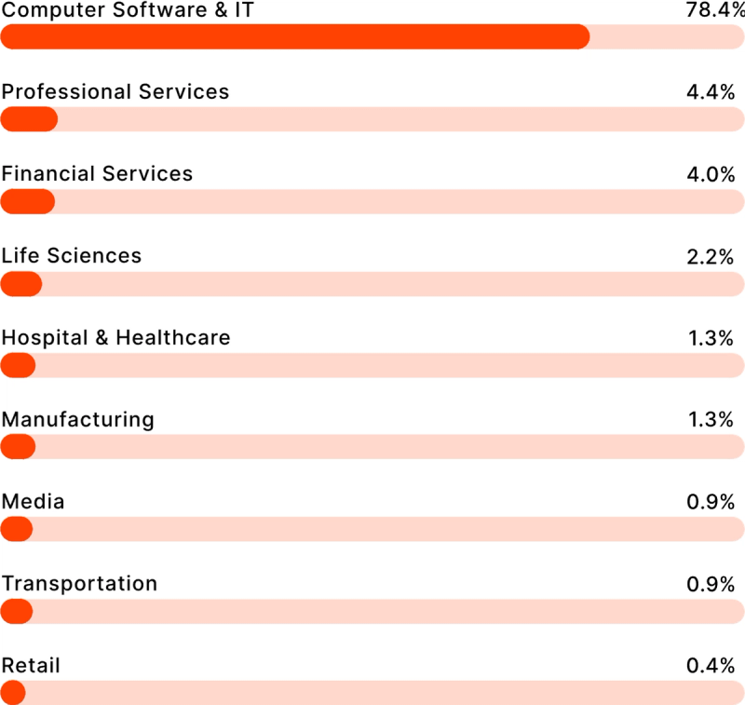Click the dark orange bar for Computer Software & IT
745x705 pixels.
[x=294, y=37]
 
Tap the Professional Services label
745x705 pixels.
[x=115, y=92]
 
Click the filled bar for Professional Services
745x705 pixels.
[x=29, y=119]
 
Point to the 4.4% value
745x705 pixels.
[x=711, y=92]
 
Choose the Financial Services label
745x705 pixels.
[x=97, y=174]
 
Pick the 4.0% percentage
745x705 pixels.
[x=711, y=174]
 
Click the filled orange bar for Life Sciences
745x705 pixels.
[x=21, y=283]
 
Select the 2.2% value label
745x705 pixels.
[x=711, y=256]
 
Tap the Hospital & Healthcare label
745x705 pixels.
[x=115, y=337]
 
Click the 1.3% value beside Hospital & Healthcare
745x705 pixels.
[x=711, y=338]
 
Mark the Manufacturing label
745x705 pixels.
[x=77, y=419]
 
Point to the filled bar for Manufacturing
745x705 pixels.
[x=18, y=447]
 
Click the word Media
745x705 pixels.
[x=33, y=502]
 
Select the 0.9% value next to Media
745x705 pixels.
[x=711, y=502]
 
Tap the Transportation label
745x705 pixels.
[x=79, y=584]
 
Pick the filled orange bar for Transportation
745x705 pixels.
[x=17, y=611]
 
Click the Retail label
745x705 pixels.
[x=31, y=666]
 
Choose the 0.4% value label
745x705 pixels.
[x=711, y=666]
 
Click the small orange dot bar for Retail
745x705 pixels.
[x=13, y=693]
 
